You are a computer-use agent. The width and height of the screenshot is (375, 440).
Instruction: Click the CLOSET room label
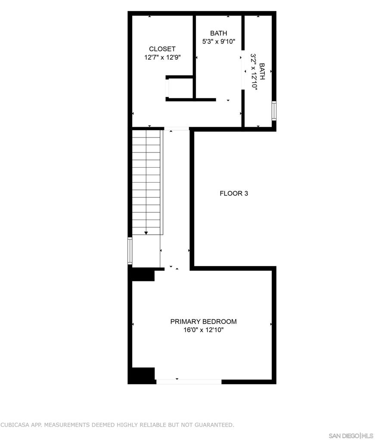tap(162, 49)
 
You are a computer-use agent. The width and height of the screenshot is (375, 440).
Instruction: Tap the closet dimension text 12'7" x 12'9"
tap(162, 57)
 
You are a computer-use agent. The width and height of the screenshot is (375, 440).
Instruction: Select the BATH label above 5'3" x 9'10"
tap(218, 34)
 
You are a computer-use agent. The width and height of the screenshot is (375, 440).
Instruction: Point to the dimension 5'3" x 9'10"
tap(218, 42)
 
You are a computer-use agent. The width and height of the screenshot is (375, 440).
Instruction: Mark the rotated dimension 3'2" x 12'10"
tap(254, 72)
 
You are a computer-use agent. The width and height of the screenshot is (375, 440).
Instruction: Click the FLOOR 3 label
tap(234, 193)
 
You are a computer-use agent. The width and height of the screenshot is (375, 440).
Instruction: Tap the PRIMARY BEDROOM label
tap(203, 321)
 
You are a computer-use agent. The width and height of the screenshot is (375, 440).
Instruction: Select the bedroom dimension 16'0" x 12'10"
tap(203, 330)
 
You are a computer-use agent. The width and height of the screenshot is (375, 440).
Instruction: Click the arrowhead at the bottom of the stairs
tap(146, 232)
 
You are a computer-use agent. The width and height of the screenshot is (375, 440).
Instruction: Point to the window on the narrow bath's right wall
tap(274, 110)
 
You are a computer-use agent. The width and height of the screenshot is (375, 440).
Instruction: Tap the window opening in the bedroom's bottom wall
tap(189, 381)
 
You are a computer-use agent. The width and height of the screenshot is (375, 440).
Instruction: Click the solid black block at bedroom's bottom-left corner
tap(143, 375)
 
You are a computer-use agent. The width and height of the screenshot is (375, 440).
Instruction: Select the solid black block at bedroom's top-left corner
tap(143, 274)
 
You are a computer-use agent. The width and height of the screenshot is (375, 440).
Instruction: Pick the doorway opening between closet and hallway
tap(177, 128)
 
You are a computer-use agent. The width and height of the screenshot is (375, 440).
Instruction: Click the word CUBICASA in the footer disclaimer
tap(17, 425)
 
